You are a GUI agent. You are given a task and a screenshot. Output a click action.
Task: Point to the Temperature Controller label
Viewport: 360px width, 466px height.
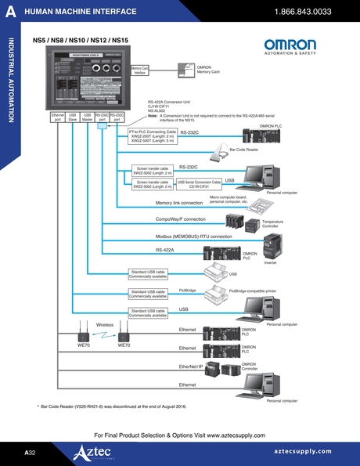[x=272, y=224]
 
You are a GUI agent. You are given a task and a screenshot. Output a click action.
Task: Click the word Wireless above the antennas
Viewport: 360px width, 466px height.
[x=106, y=323]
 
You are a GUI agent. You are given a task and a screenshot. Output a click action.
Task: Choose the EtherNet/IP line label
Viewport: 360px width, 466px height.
[x=191, y=366]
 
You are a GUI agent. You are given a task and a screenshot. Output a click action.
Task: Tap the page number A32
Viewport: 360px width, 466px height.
[x=30, y=453]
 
